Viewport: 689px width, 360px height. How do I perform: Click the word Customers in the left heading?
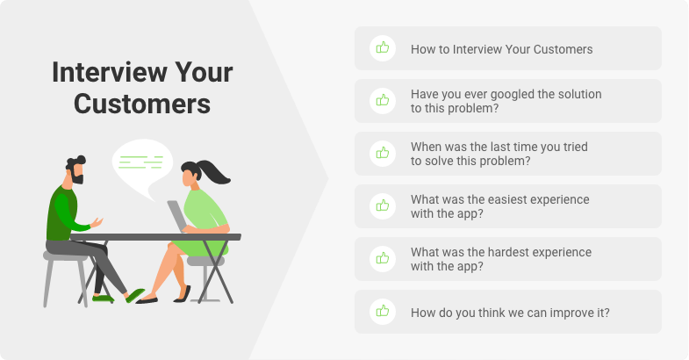(142, 104)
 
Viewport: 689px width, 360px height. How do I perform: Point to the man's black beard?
(78, 178)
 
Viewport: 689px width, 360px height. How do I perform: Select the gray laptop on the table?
(177, 216)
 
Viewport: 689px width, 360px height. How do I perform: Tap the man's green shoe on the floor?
(103, 299)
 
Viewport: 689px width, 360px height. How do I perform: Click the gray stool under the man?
(65, 277)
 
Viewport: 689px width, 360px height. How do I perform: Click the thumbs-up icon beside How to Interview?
(383, 47)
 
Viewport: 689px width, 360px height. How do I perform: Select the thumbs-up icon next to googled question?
(383, 100)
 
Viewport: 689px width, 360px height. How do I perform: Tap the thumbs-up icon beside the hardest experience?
(383, 258)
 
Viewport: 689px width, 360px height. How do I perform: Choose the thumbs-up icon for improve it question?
(383, 311)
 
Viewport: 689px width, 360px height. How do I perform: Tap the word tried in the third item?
(575, 147)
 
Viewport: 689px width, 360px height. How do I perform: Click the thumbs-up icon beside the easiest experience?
(383, 205)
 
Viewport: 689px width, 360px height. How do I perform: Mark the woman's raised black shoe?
(183, 294)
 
